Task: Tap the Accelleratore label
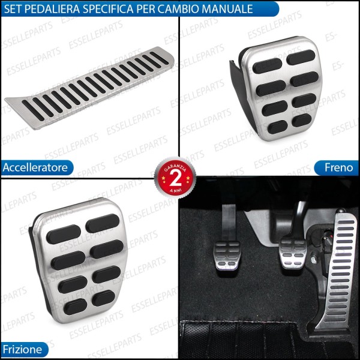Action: click(35, 167)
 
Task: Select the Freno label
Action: click(340, 167)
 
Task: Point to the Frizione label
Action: click(22, 349)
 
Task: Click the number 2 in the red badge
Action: click(175, 179)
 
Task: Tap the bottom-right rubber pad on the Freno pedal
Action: click(304, 121)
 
